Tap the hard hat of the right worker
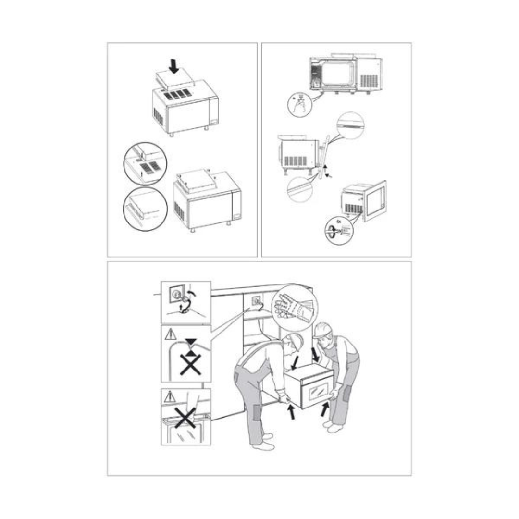coord(323,329)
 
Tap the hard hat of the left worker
coord(296,341)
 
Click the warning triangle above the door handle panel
coord(168,396)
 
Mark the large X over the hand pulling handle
coord(185,417)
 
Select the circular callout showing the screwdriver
coord(339,232)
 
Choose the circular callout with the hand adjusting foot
coord(299,104)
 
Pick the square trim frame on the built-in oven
coord(375,200)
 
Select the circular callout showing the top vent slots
coord(144,163)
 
